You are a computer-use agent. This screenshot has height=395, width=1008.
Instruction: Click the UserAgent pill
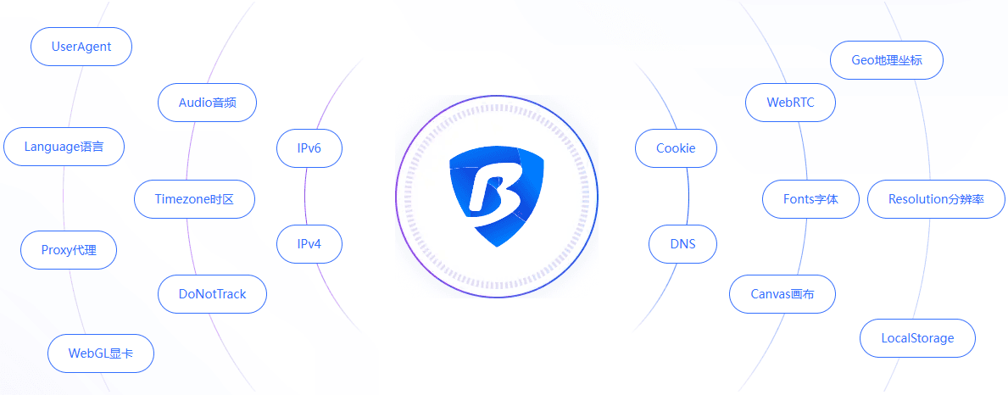click(81, 47)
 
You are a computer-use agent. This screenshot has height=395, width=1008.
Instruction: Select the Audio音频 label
click(207, 102)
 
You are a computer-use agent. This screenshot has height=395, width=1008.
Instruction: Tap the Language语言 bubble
click(64, 147)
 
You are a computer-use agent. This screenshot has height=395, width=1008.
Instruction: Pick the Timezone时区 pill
click(194, 199)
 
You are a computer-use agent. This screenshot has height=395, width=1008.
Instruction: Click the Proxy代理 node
click(69, 250)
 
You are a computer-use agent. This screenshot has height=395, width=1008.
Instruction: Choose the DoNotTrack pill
click(212, 294)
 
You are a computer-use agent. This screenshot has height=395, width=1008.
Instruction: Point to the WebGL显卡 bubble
click(101, 353)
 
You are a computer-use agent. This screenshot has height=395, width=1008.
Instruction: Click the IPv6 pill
click(309, 148)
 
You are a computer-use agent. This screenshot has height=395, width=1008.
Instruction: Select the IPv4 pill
click(309, 244)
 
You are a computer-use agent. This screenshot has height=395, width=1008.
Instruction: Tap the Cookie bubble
click(676, 148)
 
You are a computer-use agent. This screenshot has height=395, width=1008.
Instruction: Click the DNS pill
click(682, 244)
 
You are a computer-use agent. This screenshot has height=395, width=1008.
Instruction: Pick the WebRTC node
click(791, 102)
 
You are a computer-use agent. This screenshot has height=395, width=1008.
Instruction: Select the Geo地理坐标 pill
click(887, 60)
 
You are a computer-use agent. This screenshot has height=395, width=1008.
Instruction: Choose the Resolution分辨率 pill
click(936, 199)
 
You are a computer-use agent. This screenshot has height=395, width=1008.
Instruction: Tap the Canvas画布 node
click(782, 294)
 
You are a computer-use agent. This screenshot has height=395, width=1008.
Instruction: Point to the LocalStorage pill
click(917, 338)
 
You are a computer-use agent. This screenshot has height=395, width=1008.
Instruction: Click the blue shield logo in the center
click(497, 196)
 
